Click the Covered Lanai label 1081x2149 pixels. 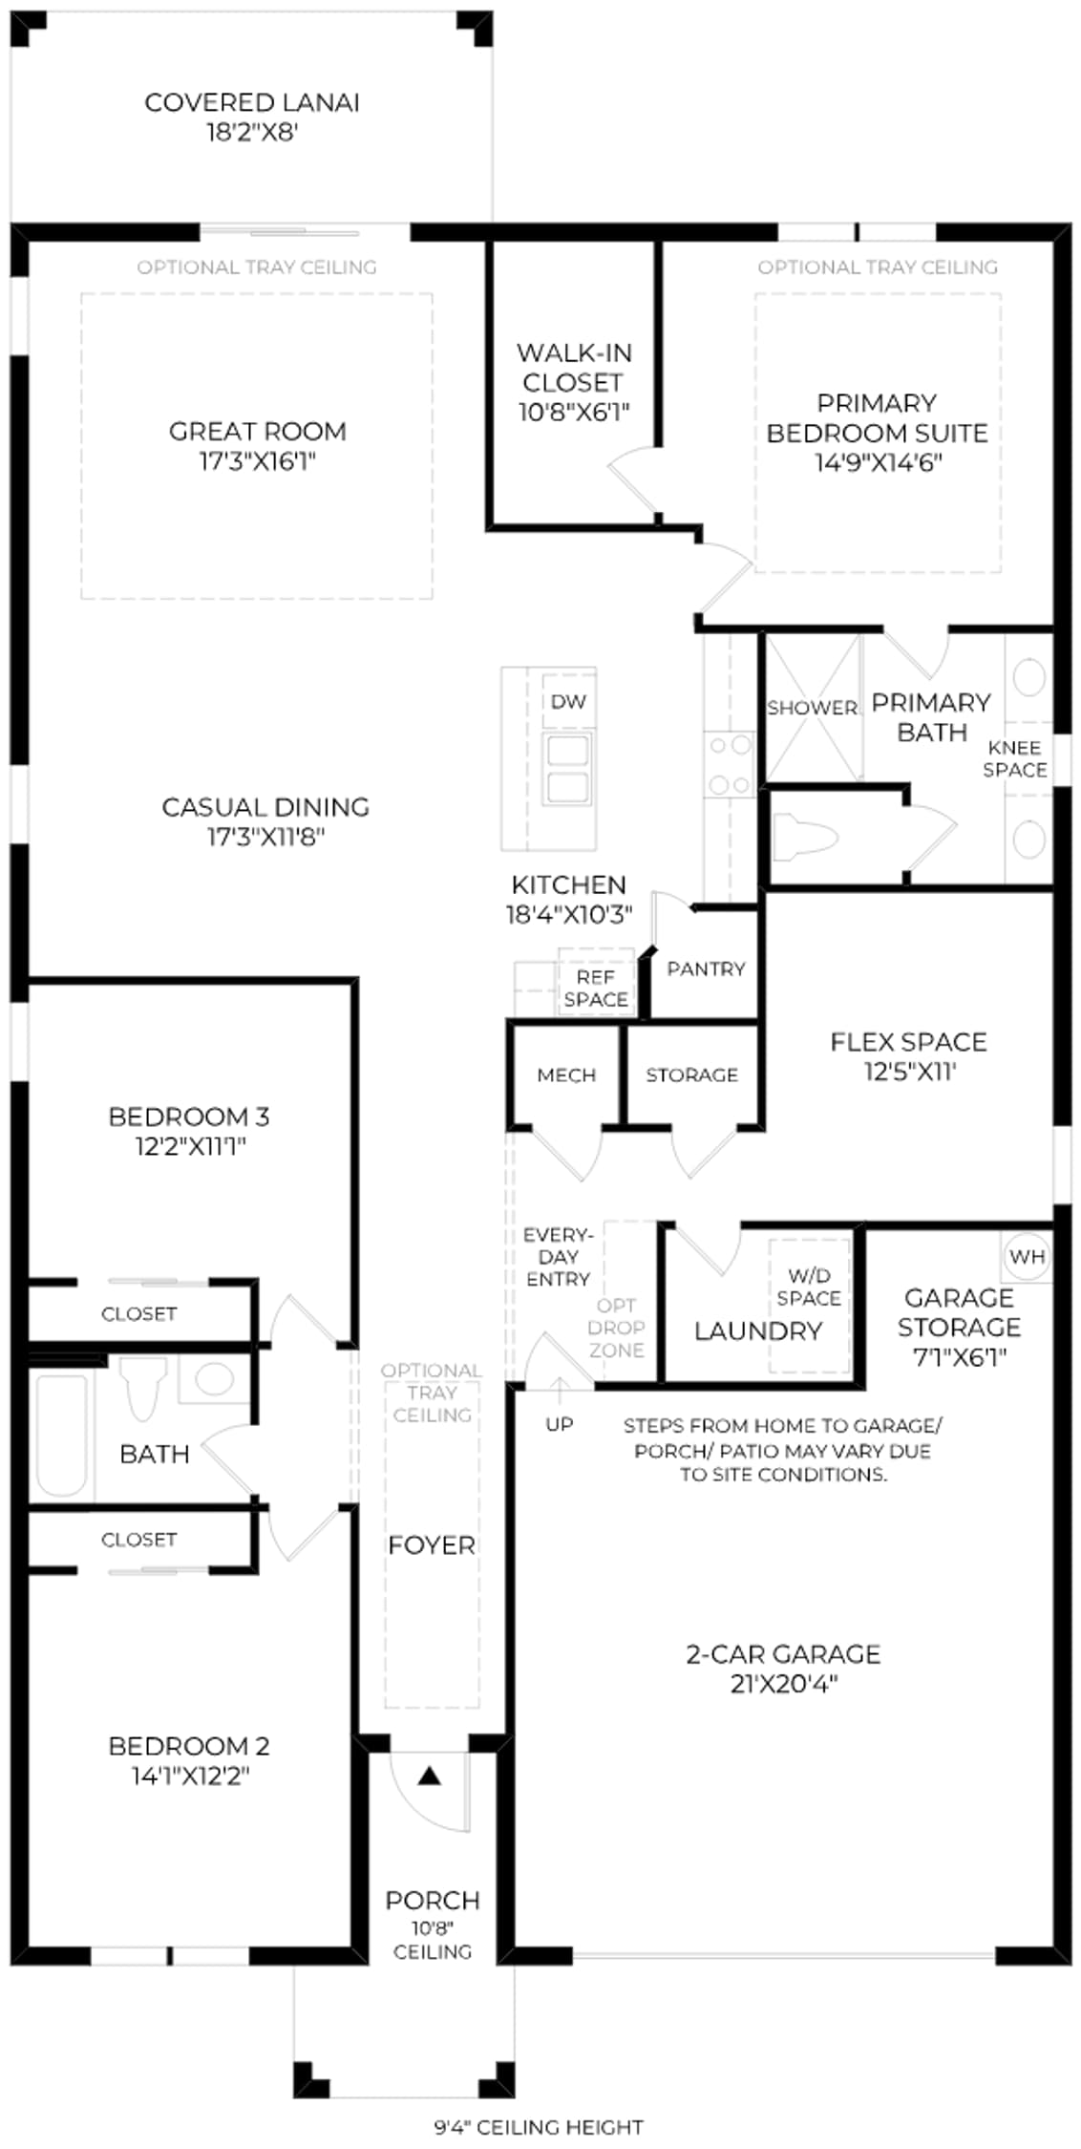pos(252,102)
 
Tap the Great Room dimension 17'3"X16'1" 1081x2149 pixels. pos(257,462)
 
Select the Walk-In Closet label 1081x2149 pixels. pos(574,368)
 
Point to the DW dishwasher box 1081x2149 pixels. pos(568,702)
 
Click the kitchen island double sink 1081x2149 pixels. pos(567,770)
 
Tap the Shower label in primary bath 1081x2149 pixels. pos(813,708)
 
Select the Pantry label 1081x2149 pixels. pos(706,969)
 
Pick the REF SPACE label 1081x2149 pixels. pos(596,989)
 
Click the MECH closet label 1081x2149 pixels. pos(566,1075)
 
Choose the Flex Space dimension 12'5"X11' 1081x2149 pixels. pos(910,1072)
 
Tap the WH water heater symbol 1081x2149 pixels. pos(1027,1257)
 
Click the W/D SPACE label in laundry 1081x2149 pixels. pos(809,1287)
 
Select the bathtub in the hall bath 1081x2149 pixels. pos(61,1435)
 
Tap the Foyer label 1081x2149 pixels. pos(432,1544)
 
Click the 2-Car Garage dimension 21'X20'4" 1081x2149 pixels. pos(784,1684)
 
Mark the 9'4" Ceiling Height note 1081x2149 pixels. pos(539,2127)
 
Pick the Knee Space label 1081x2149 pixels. pos(1015,758)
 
